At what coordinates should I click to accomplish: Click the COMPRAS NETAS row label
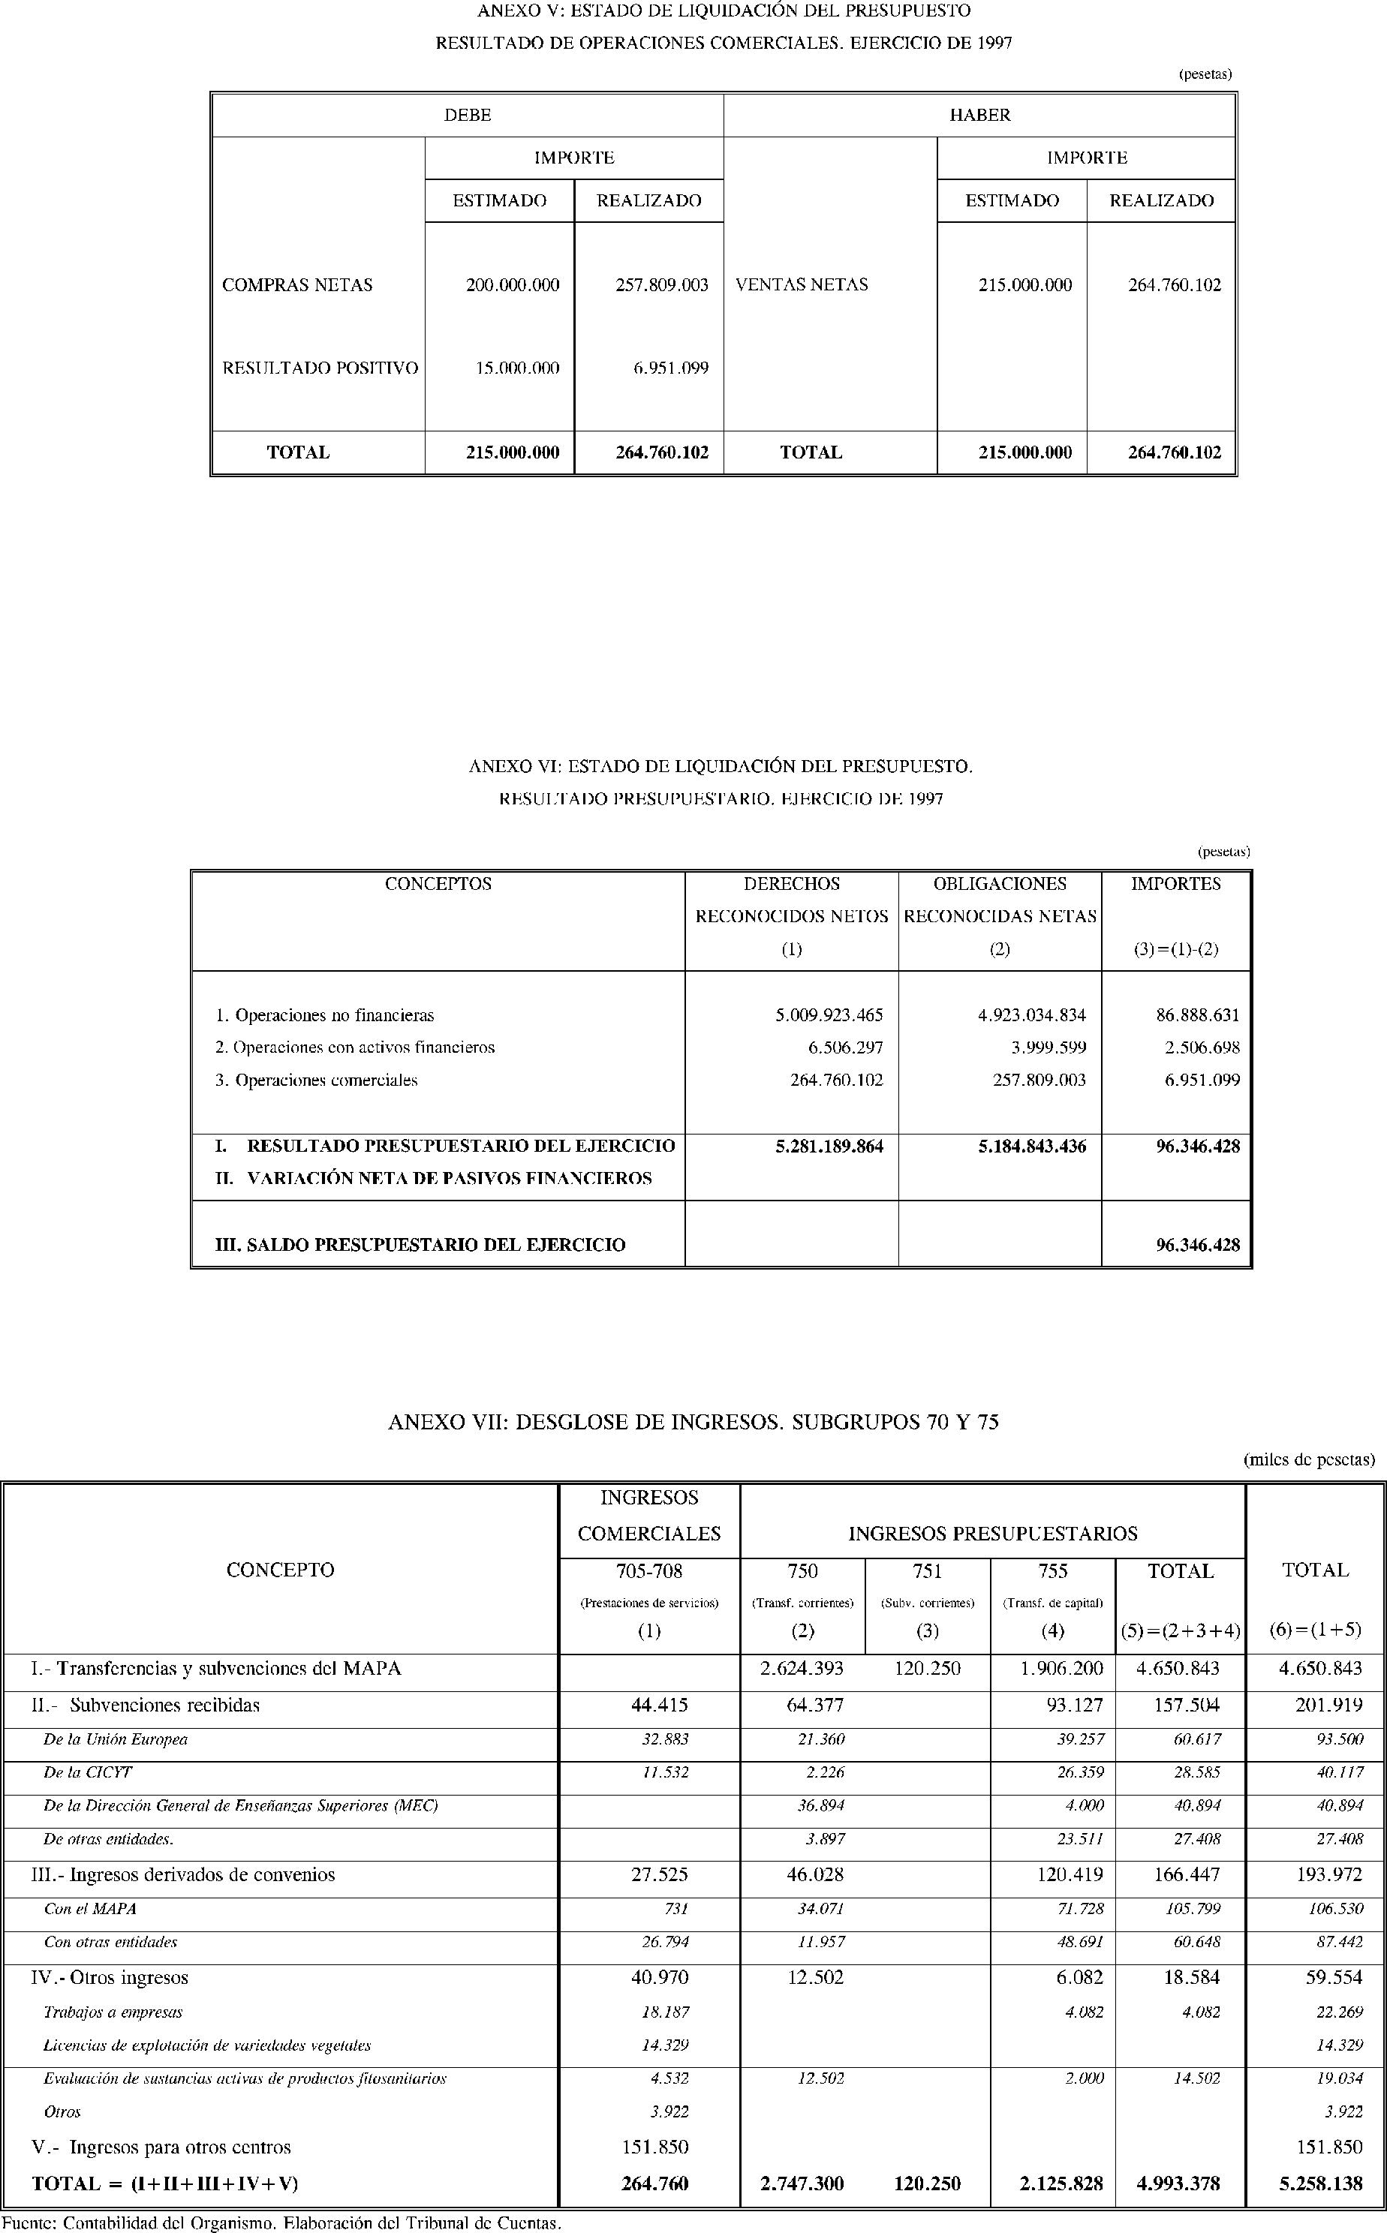[297, 285]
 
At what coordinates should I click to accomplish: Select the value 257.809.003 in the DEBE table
[661, 285]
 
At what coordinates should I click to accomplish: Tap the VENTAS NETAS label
[801, 285]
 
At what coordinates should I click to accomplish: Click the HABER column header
[979, 116]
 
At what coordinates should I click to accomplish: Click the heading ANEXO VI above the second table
[720, 767]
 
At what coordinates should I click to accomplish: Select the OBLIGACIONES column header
[999, 884]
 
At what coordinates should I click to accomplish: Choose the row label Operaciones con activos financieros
[355, 1047]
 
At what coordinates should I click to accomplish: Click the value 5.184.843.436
[1031, 1147]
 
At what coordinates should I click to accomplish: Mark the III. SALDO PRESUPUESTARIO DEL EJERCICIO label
[420, 1246]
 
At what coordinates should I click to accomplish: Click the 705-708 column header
[648, 1572]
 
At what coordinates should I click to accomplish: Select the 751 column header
[928, 1572]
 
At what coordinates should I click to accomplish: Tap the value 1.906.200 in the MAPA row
[1061, 1669]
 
